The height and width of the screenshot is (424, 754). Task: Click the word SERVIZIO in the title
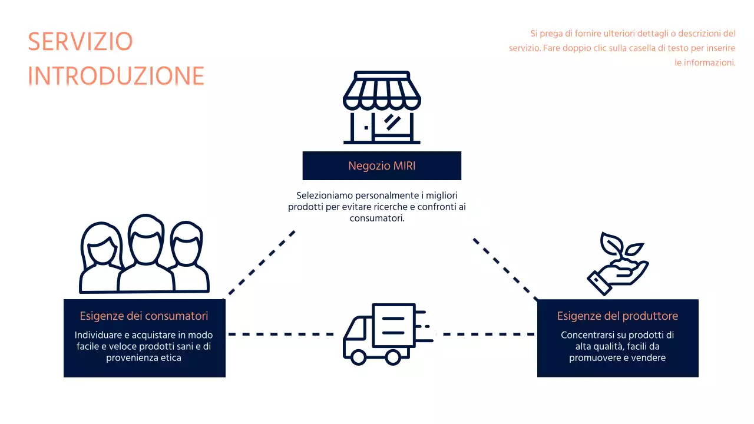tap(80, 42)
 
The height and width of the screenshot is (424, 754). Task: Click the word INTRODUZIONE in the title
tap(116, 77)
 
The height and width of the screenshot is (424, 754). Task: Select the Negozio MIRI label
tap(382, 166)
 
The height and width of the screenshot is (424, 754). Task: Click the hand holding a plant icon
tap(617, 264)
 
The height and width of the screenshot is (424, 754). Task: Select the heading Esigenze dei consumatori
tap(144, 316)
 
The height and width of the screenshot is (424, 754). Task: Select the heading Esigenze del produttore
tap(617, 316)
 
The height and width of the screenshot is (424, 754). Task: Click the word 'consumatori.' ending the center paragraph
tap(377, 218)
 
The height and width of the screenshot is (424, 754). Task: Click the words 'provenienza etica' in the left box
tap(144, 357)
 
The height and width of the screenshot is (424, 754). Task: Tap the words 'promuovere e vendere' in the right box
tap(617, 357)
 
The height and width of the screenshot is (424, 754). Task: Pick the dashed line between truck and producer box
tap(489, 334)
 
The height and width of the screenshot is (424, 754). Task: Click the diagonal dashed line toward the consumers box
tap(260, 263)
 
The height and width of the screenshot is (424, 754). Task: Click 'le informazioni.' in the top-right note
tap(705, 62)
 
